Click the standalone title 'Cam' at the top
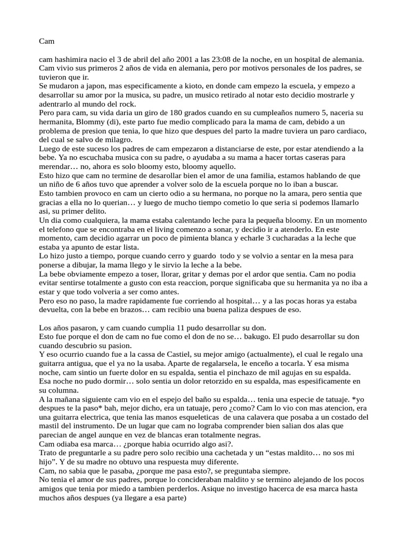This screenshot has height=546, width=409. pos(47,41)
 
